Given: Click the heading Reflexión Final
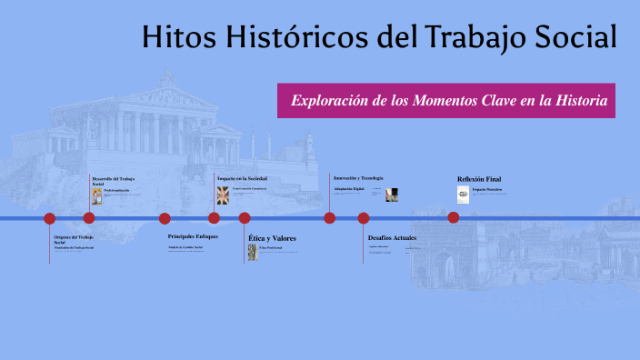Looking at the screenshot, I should (x=478, y=179).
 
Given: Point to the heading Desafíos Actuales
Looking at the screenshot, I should (x=392, y=237).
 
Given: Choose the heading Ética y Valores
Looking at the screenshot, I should (x=272, y=238).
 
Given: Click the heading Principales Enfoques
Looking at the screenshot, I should (x=193, y=235).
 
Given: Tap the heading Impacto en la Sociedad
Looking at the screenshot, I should (x=242, y=178).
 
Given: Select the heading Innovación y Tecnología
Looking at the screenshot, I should (x=358, y=177).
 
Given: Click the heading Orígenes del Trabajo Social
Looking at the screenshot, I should (x=73, y=239).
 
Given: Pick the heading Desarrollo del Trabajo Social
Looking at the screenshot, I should (x=113, y=181).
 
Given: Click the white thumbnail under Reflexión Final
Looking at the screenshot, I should (x=463, y=195).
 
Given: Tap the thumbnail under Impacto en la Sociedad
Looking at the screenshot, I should (x=223, y=195).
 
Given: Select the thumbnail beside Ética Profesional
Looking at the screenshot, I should (x=253, y=252).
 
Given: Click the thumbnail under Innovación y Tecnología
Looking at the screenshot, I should (x=392, y=195).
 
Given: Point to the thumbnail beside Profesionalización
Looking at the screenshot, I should (x=96, y=195).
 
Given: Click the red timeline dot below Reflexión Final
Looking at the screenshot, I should (x=454, y=217).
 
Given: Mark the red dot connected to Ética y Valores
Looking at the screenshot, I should (x=245, y=217).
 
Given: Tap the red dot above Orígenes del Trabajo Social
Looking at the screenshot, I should (x=50, y=218).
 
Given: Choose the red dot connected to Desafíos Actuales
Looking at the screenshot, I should (x=364, y=217).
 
